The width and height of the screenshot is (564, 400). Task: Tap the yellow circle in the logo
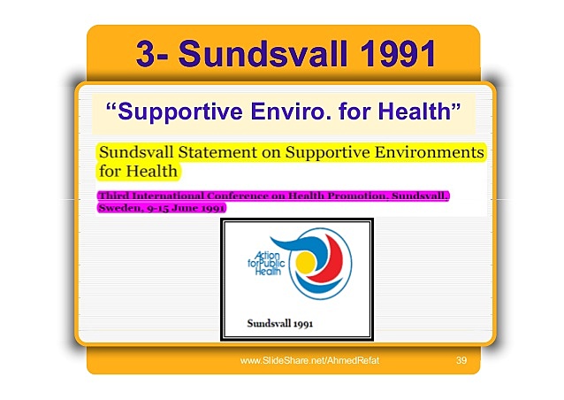304,262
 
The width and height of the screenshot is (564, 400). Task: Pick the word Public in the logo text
272,265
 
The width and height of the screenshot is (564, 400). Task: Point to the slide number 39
461,362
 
